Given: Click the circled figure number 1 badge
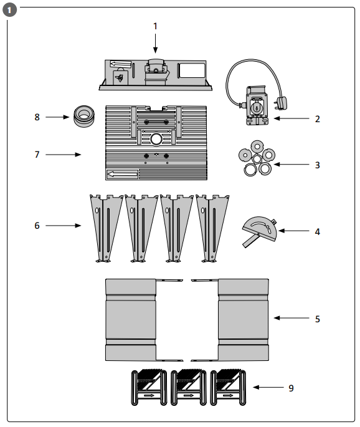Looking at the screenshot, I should pos(9,9).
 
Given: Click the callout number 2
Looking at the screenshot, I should pos(317,118).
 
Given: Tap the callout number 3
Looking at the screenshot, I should pos(317,165).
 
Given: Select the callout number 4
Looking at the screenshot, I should pos(317,231).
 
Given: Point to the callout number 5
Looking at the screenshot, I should pos(317,319).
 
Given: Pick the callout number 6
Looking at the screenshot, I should pos(37,226).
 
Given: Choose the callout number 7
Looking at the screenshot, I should pos(37,154).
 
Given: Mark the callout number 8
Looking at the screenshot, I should pos(37,117).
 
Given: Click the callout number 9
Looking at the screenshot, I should pos(291,388).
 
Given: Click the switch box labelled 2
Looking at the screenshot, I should pos(256,106).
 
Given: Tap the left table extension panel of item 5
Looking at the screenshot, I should pos(130,319).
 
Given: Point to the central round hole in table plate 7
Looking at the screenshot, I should pos(154,137).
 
